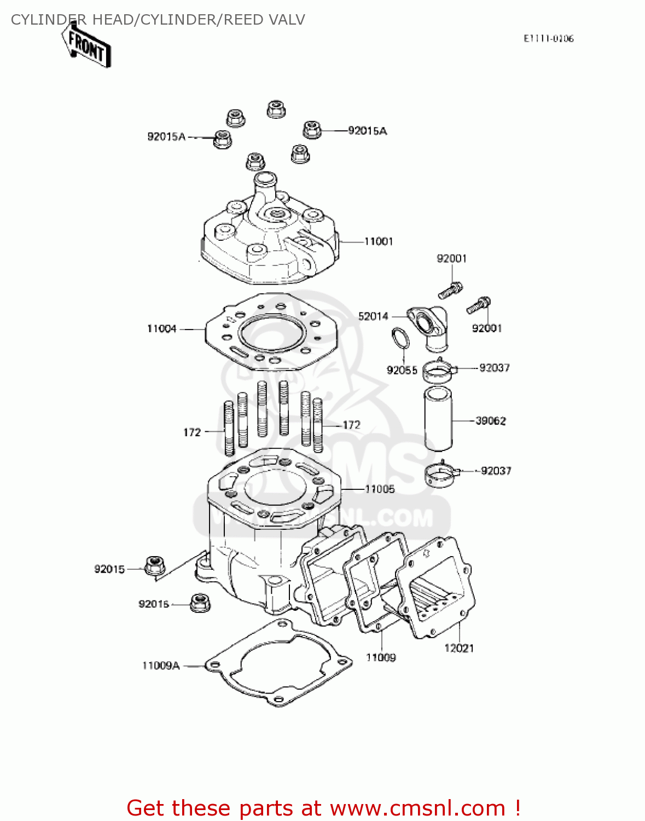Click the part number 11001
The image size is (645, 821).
tap(379, 241)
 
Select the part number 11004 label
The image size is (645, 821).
tap(161, 329)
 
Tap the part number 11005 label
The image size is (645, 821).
tap(380, 489)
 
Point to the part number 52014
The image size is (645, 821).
tap(373, 316)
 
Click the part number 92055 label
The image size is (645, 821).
tap(402, 371)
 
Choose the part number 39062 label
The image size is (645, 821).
tap(491, 421)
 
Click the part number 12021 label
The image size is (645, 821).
tap(458, 648)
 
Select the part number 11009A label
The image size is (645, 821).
tap(161, 666)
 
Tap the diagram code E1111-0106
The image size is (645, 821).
tap(548, 38)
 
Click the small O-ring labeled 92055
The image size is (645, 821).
tap(400, 338)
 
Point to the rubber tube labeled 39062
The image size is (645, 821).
tap(439, 418)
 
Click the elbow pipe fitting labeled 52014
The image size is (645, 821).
tap(430, 328)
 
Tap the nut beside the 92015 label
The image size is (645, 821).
tap(155, 565)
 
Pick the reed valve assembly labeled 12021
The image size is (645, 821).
tap(435, 588)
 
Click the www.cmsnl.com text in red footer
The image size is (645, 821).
tap(417, 808)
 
